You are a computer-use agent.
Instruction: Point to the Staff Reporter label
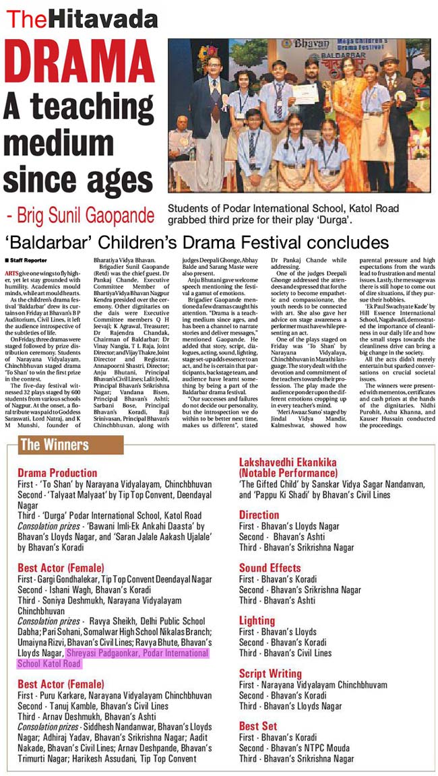pos(22,259)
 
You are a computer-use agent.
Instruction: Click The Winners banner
pos(55,445)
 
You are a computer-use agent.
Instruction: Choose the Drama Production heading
pos(57,473)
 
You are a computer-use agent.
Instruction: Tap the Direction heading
pos(259,515)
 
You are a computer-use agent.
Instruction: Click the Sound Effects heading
pos(270,567)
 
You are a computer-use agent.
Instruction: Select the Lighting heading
pos(257,620)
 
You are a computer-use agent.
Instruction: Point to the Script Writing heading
pos(270,672)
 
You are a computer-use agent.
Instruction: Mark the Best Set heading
pos(258,725)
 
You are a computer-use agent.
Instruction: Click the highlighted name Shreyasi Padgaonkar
pos(113,653)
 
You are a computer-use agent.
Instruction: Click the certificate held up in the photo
pos(305,93)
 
